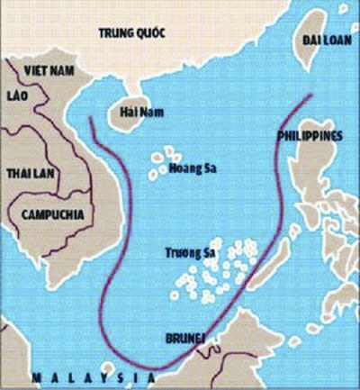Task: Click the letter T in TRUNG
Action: (101, 33)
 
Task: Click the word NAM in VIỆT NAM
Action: (62, 68)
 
